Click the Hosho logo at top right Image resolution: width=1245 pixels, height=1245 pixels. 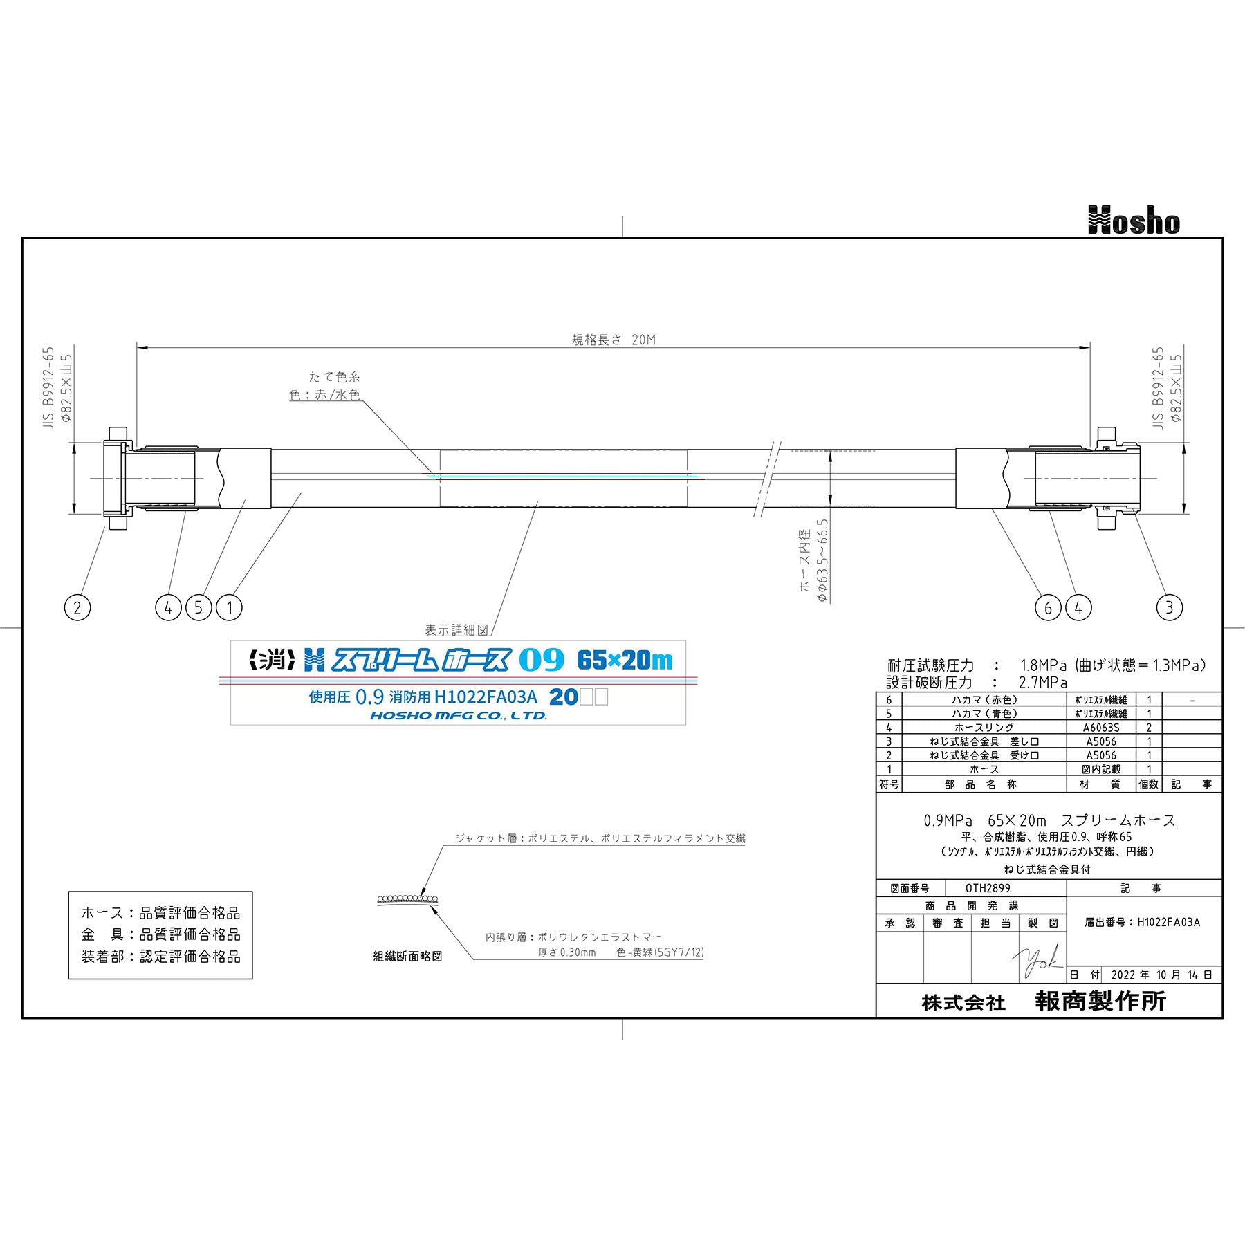tap(1134, 221)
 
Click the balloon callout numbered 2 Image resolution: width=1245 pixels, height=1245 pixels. tap(77, 608)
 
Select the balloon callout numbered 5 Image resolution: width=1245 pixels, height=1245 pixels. tap(199, 608)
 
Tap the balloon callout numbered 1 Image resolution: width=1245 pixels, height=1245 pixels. tap(229, 608)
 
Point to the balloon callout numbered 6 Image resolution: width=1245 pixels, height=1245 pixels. tap(1048, 608)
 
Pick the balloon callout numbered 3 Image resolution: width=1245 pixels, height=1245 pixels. tap(1170, 608)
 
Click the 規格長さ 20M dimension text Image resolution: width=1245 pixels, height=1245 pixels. tap(614, 340)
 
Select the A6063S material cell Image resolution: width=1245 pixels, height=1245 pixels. tap(1102, 728)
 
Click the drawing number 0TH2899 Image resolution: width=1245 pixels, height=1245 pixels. tap(988, 888)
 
